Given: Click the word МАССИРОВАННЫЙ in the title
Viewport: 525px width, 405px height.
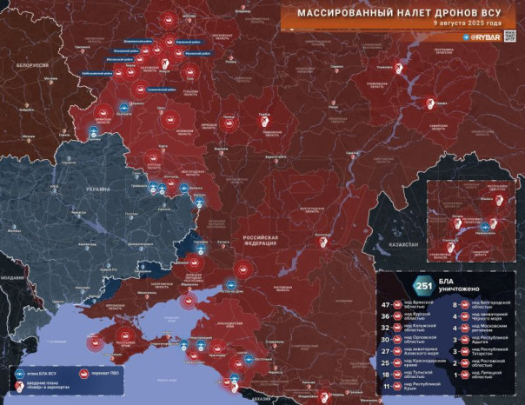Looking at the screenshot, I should point(339,14).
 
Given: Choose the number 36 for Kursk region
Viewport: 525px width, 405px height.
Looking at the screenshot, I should point(385,319).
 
